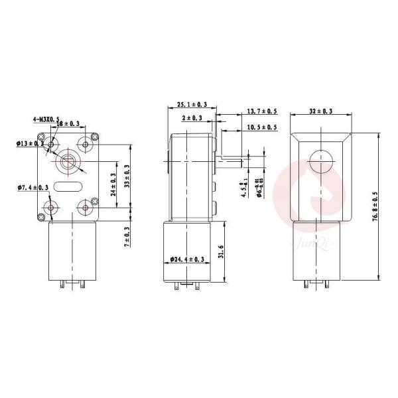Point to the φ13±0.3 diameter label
coord(31,143)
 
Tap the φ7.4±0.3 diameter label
coord(31,189)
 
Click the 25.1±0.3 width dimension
coord(192,104)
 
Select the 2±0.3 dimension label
coord(192,117)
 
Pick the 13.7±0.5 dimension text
coord(262,111)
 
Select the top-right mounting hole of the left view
coord(85,143)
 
